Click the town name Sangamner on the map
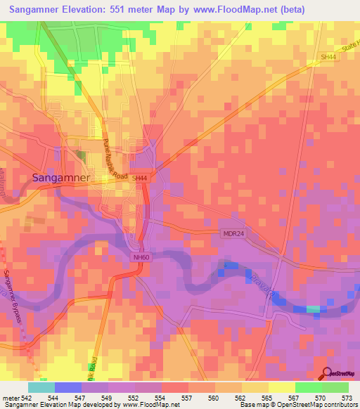click(x=61, y=178)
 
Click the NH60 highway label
click(x=141, y=258)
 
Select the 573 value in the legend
click(x=347, y=398)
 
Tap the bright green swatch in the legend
click(x=308, y=387)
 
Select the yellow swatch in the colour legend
click(x=281, y=387)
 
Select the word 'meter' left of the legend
click(x=11, y=398)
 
